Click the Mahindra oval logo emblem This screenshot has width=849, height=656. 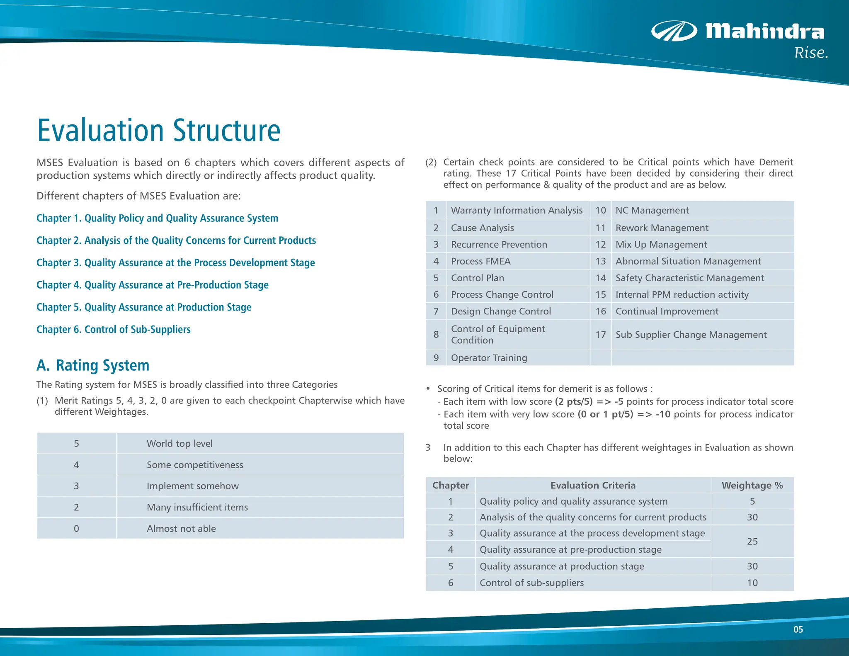674,31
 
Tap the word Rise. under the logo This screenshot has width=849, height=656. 811,53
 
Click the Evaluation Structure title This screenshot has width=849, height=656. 159,131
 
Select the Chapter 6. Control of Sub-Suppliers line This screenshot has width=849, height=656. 114,329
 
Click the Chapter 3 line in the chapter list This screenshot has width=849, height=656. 175,263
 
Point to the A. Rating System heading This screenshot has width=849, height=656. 93,365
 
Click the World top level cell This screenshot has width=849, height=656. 180,444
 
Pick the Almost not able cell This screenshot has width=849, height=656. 181,529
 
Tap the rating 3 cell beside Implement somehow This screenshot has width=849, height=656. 76,486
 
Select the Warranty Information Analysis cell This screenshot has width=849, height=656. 517,211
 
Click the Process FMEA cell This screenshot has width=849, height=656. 480,261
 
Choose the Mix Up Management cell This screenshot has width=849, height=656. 661,245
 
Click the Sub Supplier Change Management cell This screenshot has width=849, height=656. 691,335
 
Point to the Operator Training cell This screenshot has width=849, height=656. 489,358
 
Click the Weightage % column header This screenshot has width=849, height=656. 752,486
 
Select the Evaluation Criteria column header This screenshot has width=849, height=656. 593,486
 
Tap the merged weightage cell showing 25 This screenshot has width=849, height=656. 752,542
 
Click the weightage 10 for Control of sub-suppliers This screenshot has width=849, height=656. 752,583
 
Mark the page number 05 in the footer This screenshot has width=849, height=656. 798,629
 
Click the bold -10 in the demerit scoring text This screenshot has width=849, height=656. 663,414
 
